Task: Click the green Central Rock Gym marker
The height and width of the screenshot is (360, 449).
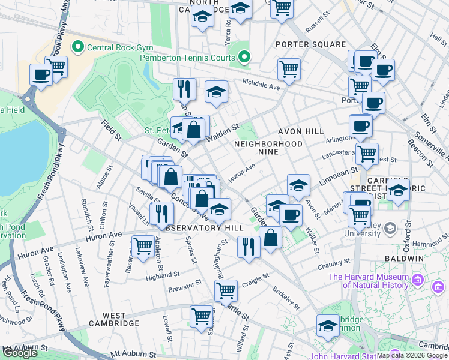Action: pos(78,47)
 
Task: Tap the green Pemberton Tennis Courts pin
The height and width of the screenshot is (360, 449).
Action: pos(244,58)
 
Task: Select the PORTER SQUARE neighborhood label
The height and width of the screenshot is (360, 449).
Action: pos(310,44)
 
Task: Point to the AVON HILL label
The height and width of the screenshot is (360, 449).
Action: pos(300,131)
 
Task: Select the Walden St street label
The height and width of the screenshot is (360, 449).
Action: pos(222,130)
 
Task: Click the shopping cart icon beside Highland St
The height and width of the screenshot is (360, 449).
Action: pos(143,247)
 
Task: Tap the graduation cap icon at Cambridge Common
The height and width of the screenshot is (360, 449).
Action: pos(328,327)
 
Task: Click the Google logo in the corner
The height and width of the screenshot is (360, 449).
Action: pos(20,353)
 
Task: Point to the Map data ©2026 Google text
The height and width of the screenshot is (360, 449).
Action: pos(412,355)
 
